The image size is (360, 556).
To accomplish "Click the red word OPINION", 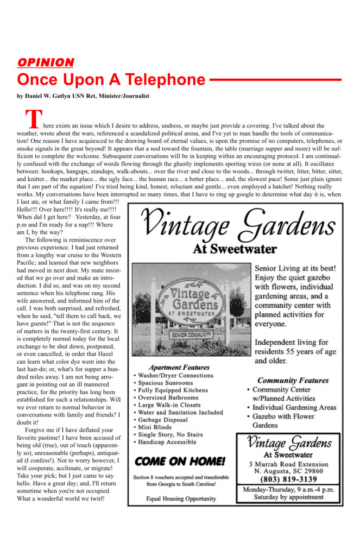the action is (45, 62).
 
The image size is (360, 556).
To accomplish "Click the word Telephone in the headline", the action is (165, 80).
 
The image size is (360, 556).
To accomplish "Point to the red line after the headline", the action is (275, 79).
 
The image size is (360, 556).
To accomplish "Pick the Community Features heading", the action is (293, 380).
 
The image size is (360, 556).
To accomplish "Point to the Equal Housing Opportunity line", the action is (181, 498).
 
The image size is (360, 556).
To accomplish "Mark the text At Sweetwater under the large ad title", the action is (235, 249).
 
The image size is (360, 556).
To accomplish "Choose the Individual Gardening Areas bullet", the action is (294, 408).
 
